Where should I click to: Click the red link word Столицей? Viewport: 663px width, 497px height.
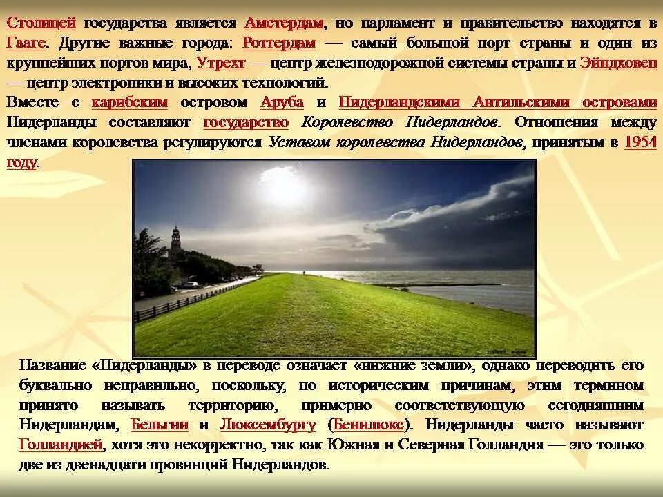click(x=41, y=23)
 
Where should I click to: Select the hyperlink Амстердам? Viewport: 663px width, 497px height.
click(x=284, y=23)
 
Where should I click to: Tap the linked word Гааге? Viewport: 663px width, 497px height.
click(x=26, y=43)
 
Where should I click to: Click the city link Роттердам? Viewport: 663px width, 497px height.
click(x=279, y=43)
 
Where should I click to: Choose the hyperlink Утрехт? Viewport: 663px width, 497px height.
click(x=221, y=63)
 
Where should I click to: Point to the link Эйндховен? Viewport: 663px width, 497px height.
click(x=618, y=63)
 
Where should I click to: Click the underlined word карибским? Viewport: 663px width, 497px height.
click(x=129, y=102)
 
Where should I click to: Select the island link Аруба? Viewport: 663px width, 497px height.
click(x=282, y=102)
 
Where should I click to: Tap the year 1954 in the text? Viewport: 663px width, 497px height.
click(x=640, y=142)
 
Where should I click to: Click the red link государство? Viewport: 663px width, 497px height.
click(x=246, y=122)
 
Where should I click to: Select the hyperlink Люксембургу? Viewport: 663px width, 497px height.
click(x=268, y=425)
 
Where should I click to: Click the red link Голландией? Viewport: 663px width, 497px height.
click(x=61, y=445)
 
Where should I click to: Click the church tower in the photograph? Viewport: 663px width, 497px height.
click(x=175, y=240)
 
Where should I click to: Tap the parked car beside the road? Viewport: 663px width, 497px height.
click(x=190, y=284)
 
